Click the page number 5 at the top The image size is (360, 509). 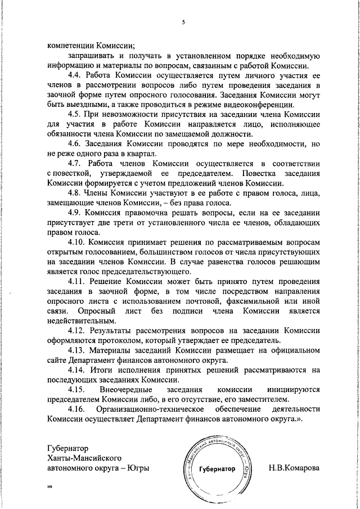[183, 22]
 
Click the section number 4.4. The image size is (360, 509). [75, 75]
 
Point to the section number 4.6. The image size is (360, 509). [75, 145]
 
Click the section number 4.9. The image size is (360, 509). [75, 214]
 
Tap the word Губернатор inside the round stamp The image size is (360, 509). [216, 469]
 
